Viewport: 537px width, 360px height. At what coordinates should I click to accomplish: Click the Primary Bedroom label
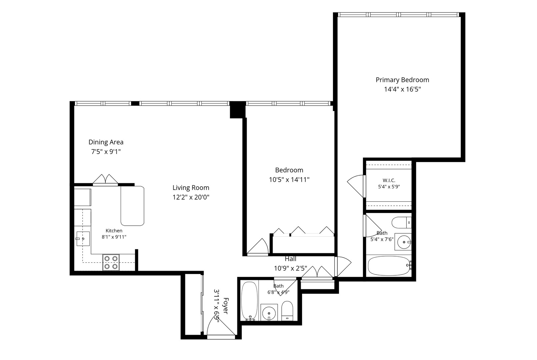pos(402,80)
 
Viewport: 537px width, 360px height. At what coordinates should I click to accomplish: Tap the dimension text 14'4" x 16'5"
pos(403,89)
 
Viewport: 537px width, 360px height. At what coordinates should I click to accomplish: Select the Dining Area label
pos(106,142)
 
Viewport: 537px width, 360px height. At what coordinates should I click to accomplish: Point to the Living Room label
pos(191,188)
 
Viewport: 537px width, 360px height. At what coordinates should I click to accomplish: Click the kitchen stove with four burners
pos(111,262)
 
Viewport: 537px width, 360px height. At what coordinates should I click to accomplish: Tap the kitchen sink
pos(83,239)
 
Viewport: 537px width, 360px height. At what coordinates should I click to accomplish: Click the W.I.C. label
pos(389,180)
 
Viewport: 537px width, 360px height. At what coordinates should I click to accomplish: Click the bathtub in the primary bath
pos(389,266)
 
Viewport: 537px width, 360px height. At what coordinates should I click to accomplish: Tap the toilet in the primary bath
pos(402,223)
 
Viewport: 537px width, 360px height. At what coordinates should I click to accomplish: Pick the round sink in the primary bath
pos(404,242)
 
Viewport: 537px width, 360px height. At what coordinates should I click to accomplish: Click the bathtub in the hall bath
pos(249,301)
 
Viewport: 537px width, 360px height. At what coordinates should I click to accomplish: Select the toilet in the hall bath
pos(287,311)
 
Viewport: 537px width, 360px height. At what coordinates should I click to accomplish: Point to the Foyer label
pos(226,306)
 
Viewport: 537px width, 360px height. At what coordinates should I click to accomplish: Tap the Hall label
pos(290,259)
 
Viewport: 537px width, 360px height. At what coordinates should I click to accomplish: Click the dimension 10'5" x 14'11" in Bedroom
pos(289,180)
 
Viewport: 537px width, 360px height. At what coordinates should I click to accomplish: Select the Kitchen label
pos(114,231)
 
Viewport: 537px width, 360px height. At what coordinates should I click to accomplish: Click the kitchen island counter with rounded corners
pos(132,206)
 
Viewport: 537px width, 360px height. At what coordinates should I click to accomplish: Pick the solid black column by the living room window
pos(237,110)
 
